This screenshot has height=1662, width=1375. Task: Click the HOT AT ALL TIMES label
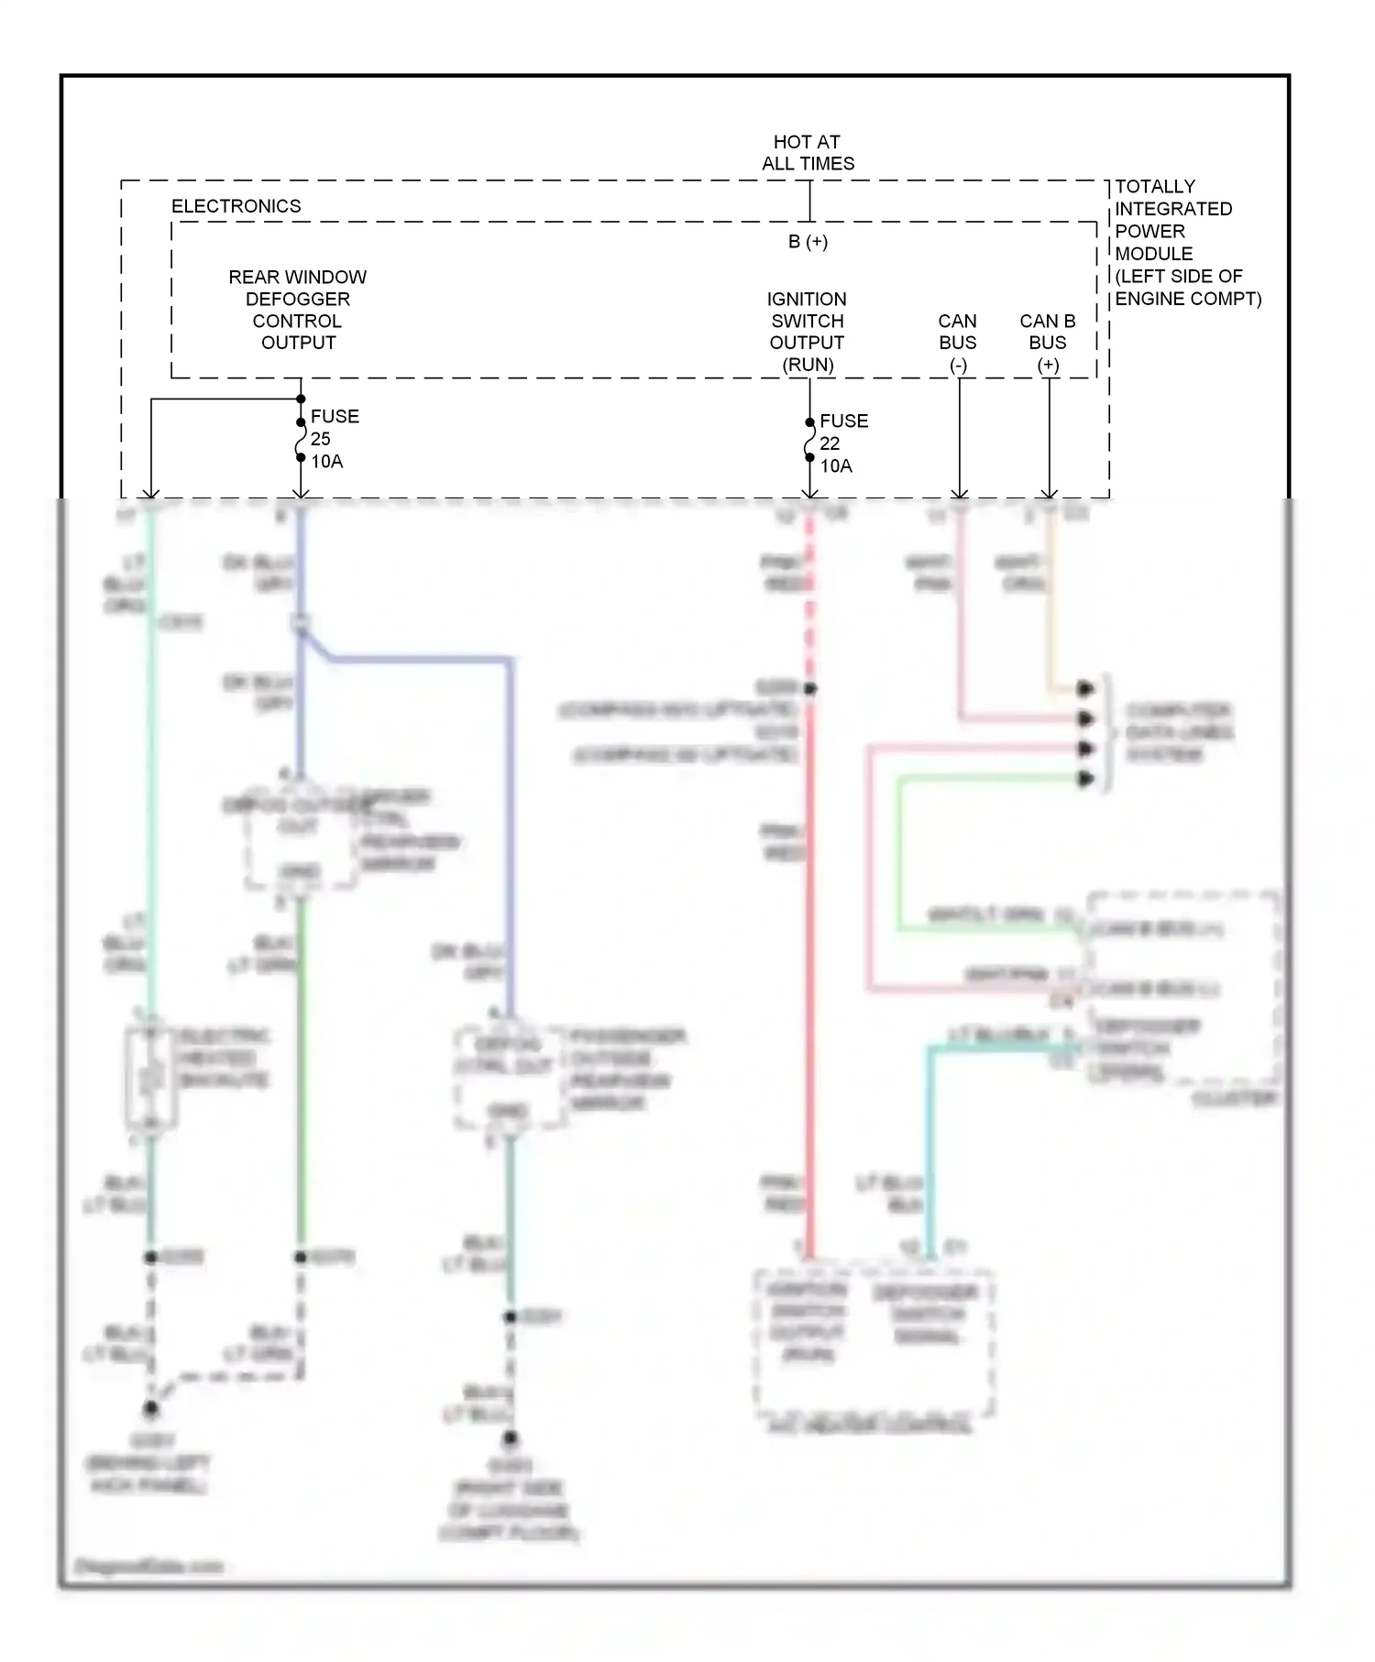pyautogui.click(x=808, y=153)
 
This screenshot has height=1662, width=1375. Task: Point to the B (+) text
pyautogui.click(x=808, y=242)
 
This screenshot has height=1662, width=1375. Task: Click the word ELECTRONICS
pyautogui.click(x=236, y=206)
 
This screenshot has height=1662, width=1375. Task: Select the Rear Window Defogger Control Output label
pyautogui.click(x=297, y=310)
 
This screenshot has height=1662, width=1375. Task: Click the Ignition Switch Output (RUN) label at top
pyautogui.click(x=807, y=331)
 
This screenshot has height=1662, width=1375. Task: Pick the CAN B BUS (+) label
pyautogui.click(x=1047, y=342)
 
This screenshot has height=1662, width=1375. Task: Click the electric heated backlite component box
pyautogui.click(x=150, y=1078)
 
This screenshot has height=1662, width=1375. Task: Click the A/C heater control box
pyautogui.click(x=874, y=1342)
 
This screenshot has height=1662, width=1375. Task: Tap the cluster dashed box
pyautogui.click(x=1182, y=990)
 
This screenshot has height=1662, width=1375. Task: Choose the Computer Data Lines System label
pyautogui.click(x=1178, y=732)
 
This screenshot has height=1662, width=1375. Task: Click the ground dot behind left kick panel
pyautogui.click(x=150, y=1408)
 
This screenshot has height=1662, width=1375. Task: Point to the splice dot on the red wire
pyautogui.click(x=810, y=688)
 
